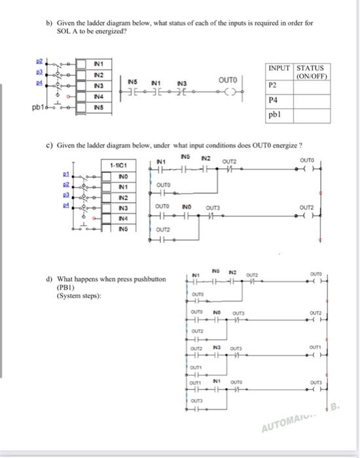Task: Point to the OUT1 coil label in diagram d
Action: point(314,347)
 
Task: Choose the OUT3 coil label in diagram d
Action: point(314,383)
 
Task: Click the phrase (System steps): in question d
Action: point(81,295)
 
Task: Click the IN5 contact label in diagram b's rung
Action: point(132,82)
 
